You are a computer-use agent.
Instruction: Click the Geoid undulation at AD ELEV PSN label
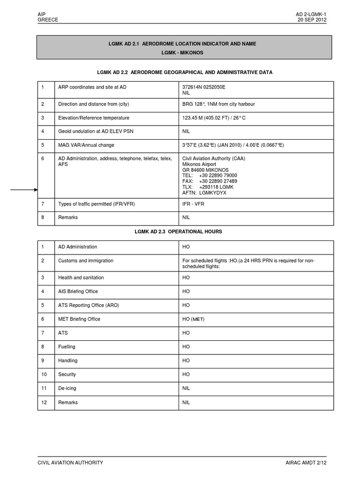coord(96,131)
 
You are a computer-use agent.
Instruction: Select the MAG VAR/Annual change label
coord(86,145)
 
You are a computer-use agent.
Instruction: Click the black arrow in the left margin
coord(24,190)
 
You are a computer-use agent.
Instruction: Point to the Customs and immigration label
coord(85,261)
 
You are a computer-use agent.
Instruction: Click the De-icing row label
coord(67,389)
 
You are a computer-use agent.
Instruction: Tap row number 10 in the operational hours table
coord(44,375)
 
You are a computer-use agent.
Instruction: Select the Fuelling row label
coord(67,347)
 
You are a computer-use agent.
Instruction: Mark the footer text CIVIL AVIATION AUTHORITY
coord(70,463)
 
